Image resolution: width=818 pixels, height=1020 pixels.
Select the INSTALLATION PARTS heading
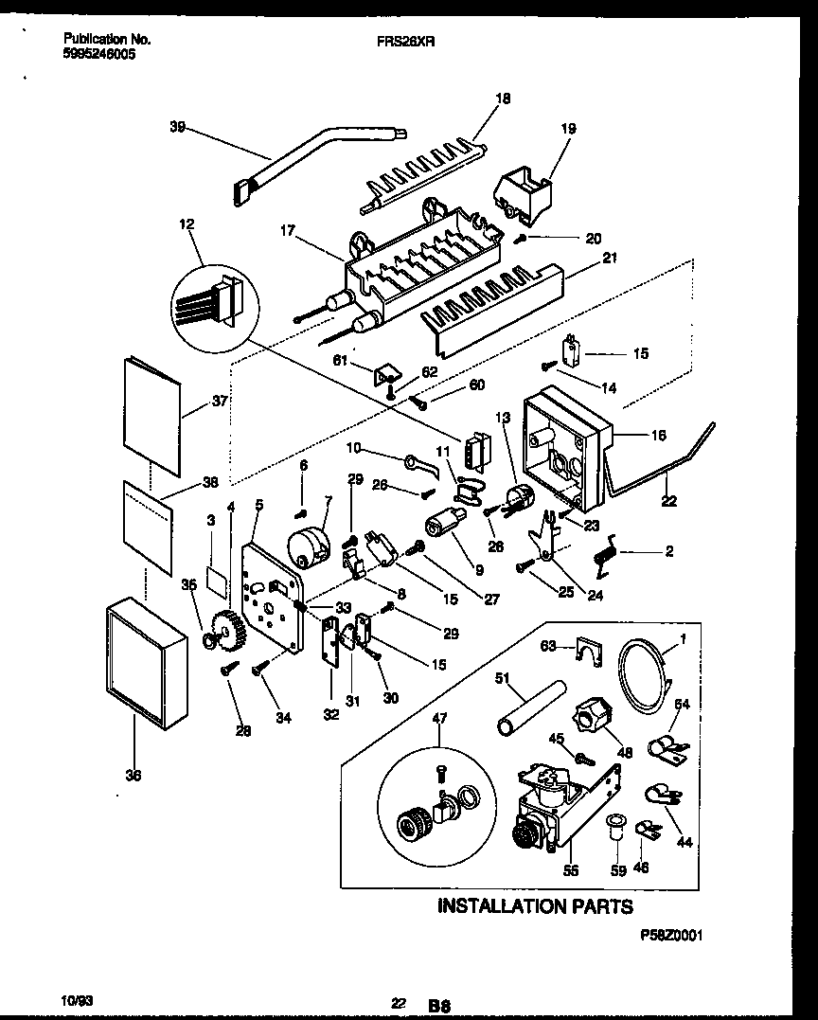click(x=535, y=906)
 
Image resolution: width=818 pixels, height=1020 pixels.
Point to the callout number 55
click(x=570, y=870)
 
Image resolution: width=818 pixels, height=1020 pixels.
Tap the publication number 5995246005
click(x=99, y=55)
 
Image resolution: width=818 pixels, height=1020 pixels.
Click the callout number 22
click(x=670, y=502)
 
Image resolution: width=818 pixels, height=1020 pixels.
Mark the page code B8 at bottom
click(x=438, y=1005)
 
